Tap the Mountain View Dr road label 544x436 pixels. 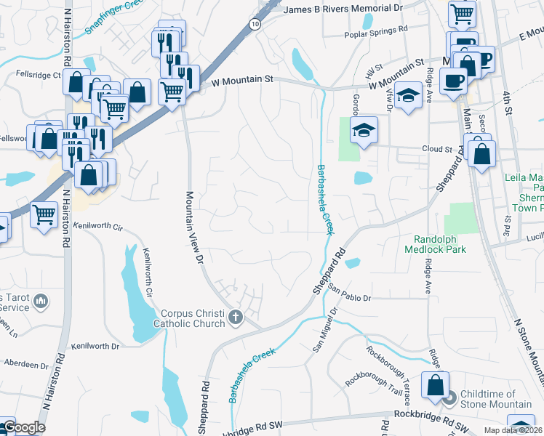(193, 225)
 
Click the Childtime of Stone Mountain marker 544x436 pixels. (449, 397)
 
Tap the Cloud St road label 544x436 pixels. (437, 149)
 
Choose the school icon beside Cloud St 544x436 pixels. (363, 130)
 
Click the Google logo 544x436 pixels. (23, 427)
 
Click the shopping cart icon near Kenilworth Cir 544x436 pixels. (44, 214)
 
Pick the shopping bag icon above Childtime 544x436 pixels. (436, 385)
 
